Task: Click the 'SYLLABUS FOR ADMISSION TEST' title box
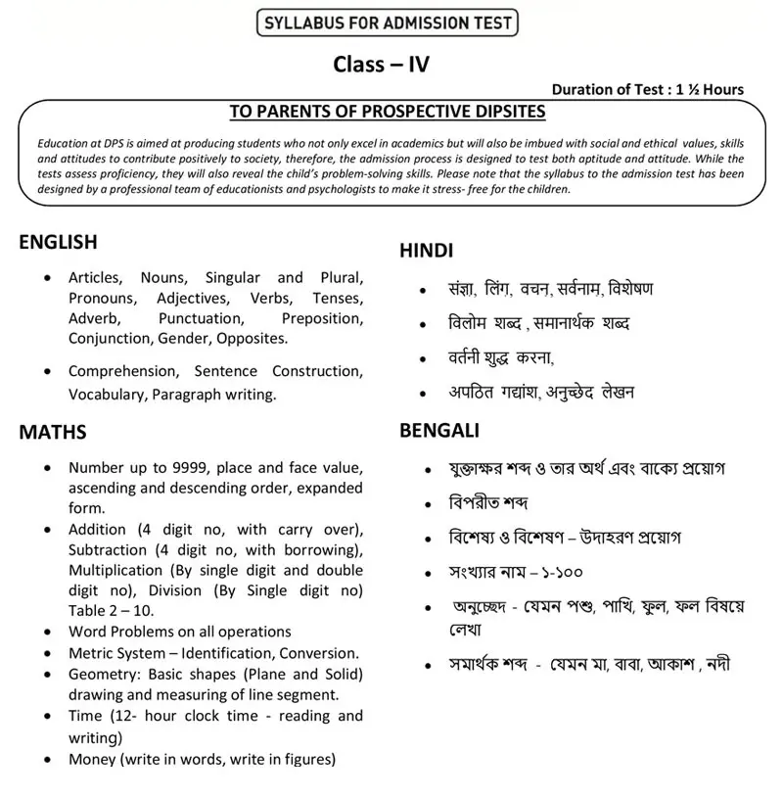pos(386,23)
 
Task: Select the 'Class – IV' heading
pos(381,65)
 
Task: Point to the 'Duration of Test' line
pos(647,89)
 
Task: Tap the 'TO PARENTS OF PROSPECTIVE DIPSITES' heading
pos(387,112)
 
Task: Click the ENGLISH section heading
pos(58,242)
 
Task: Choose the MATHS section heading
pos(53,432)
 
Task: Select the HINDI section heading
pos(426,251)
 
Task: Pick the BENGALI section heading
pos(439,431)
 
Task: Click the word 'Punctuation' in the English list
pos(199,318)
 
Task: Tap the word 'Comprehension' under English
pos(122,371)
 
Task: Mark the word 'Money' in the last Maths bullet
pos(91,759)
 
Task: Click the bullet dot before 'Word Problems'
pos(48,633)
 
